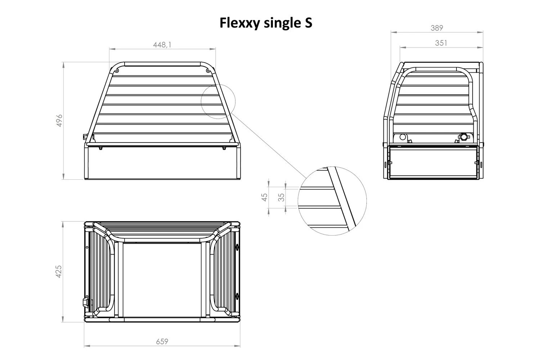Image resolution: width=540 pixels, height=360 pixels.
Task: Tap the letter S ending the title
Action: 308,23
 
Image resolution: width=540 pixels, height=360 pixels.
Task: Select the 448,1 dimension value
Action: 162,45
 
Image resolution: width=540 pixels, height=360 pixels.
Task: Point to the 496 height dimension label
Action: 60,120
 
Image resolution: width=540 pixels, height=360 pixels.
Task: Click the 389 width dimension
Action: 437,28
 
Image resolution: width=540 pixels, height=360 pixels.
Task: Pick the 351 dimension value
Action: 441,43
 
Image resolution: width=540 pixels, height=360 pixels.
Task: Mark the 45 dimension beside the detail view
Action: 265,197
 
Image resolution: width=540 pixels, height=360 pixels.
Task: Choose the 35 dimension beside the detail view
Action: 282,197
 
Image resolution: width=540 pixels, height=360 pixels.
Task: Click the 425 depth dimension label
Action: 59,271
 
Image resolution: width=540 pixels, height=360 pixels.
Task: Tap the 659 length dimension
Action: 162,341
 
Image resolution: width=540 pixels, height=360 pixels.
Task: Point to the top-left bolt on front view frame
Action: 116,71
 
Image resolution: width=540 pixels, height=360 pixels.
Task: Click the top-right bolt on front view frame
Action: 208,71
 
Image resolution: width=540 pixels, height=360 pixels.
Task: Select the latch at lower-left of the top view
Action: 86,301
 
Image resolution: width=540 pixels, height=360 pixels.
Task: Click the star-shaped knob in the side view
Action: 464,137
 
